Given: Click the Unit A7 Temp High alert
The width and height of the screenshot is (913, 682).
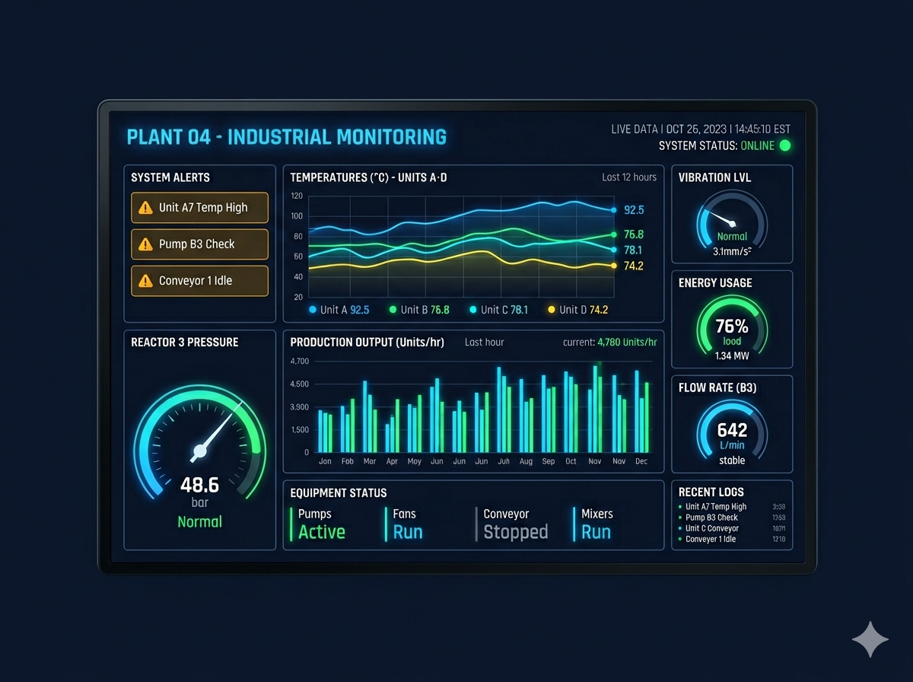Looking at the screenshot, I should coord(199,207).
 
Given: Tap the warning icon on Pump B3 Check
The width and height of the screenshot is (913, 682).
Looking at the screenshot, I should coord(145,244).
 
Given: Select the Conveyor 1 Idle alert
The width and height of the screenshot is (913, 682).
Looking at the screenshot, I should coord(199,281).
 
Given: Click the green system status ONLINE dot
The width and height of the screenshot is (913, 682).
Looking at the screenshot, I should coord(785,145).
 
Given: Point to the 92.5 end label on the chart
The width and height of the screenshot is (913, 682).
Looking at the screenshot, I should coord(634,210).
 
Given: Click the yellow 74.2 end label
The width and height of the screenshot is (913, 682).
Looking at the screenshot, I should coord(634,266).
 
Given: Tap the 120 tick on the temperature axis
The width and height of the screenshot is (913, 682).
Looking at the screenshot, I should coord(297,196).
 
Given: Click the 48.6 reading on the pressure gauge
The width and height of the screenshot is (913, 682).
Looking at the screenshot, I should coord(199,485).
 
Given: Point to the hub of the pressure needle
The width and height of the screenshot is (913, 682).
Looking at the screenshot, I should coord(199,452).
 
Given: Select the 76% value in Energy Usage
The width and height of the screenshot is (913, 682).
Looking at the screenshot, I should coord(732,327).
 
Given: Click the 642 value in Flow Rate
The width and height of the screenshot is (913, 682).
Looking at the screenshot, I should coord(732,430).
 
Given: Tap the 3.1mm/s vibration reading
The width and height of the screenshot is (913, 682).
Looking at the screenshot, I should coord(732,250).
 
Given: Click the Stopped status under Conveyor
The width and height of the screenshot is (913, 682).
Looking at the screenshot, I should coord(515,532).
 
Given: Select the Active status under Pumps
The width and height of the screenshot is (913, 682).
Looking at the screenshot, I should coord(321,532).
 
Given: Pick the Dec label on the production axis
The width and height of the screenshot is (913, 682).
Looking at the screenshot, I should coord(641,461).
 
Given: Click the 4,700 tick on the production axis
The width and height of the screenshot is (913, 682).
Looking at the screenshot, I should coord(300,361).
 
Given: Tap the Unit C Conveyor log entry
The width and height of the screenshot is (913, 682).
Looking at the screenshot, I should coord(711,528).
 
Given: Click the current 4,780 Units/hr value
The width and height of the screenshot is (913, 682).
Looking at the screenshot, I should coord(627,343).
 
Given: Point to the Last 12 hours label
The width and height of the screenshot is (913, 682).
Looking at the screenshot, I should coord(628,177).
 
